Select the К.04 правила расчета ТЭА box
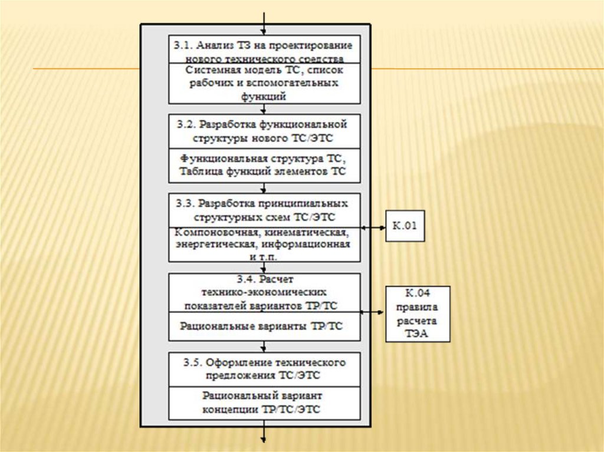(418, 314)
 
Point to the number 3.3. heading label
(186, 204)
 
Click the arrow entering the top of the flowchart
(264, 18)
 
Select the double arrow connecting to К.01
(373, 227)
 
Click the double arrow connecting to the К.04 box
(373, 312)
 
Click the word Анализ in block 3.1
(217, 45)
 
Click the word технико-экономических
(264, 292)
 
